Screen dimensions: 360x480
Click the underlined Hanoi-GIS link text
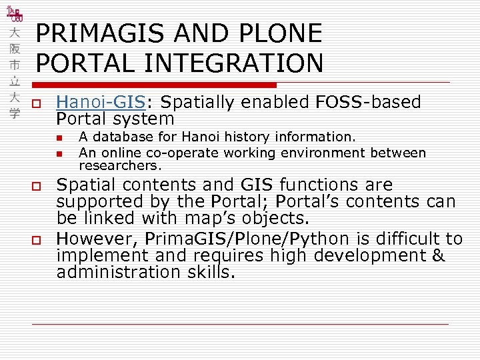(100, 102)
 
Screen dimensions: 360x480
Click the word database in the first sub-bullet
(120, 137)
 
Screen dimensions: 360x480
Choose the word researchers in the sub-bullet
(119, 165)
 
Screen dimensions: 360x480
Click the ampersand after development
(438, 255)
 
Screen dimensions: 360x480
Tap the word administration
(117, 272)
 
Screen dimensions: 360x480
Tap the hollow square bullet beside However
(37, 240)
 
